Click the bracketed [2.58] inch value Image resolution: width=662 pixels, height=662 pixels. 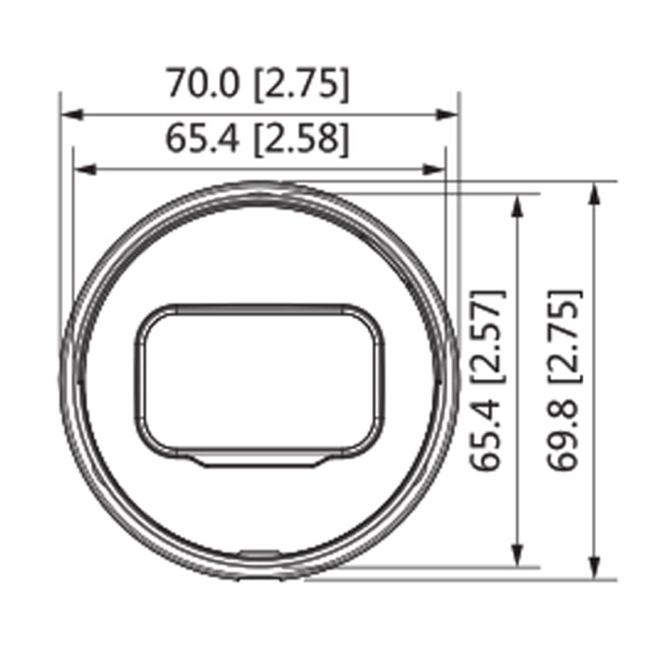tap(300, 139)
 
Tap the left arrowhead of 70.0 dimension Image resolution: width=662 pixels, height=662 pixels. tap(69, 116)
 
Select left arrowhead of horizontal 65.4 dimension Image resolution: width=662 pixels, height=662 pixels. tap(81, 170)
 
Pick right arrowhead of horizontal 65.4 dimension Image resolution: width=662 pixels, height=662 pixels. tap(438, 170)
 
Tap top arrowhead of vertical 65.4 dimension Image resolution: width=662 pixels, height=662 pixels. tap(518, 203)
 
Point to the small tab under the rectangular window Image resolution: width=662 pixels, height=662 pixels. tap(259, 461)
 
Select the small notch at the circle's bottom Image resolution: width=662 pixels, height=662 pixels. tap(259, 551)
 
